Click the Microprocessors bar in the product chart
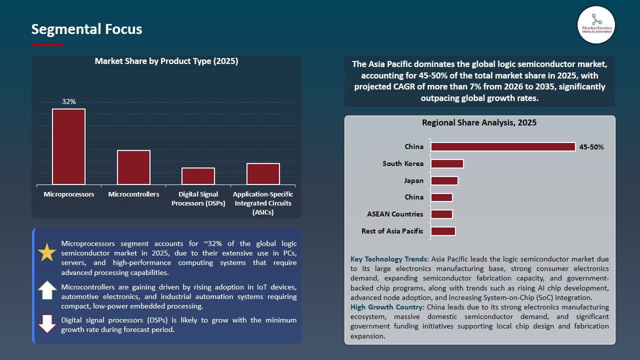(68, 146)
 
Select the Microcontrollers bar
(133, 167)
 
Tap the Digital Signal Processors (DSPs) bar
(198, 176)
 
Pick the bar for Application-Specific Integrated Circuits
(263, 173)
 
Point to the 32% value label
(69, 101)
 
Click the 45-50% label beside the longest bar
(591, 147)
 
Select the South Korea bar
(447, 163)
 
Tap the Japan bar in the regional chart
(444, 180)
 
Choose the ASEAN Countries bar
(441, 214)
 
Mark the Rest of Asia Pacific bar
(443, 231)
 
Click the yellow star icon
(47, 253)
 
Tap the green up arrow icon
(47, 290)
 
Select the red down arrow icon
(47, 324)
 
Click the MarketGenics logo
(596, 24)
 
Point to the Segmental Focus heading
(86, 29)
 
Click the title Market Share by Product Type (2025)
(166, 61)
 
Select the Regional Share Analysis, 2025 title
(479, 122)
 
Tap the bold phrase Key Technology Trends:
(389, 259)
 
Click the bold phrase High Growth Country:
(387, 307)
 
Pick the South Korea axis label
(402, 163)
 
